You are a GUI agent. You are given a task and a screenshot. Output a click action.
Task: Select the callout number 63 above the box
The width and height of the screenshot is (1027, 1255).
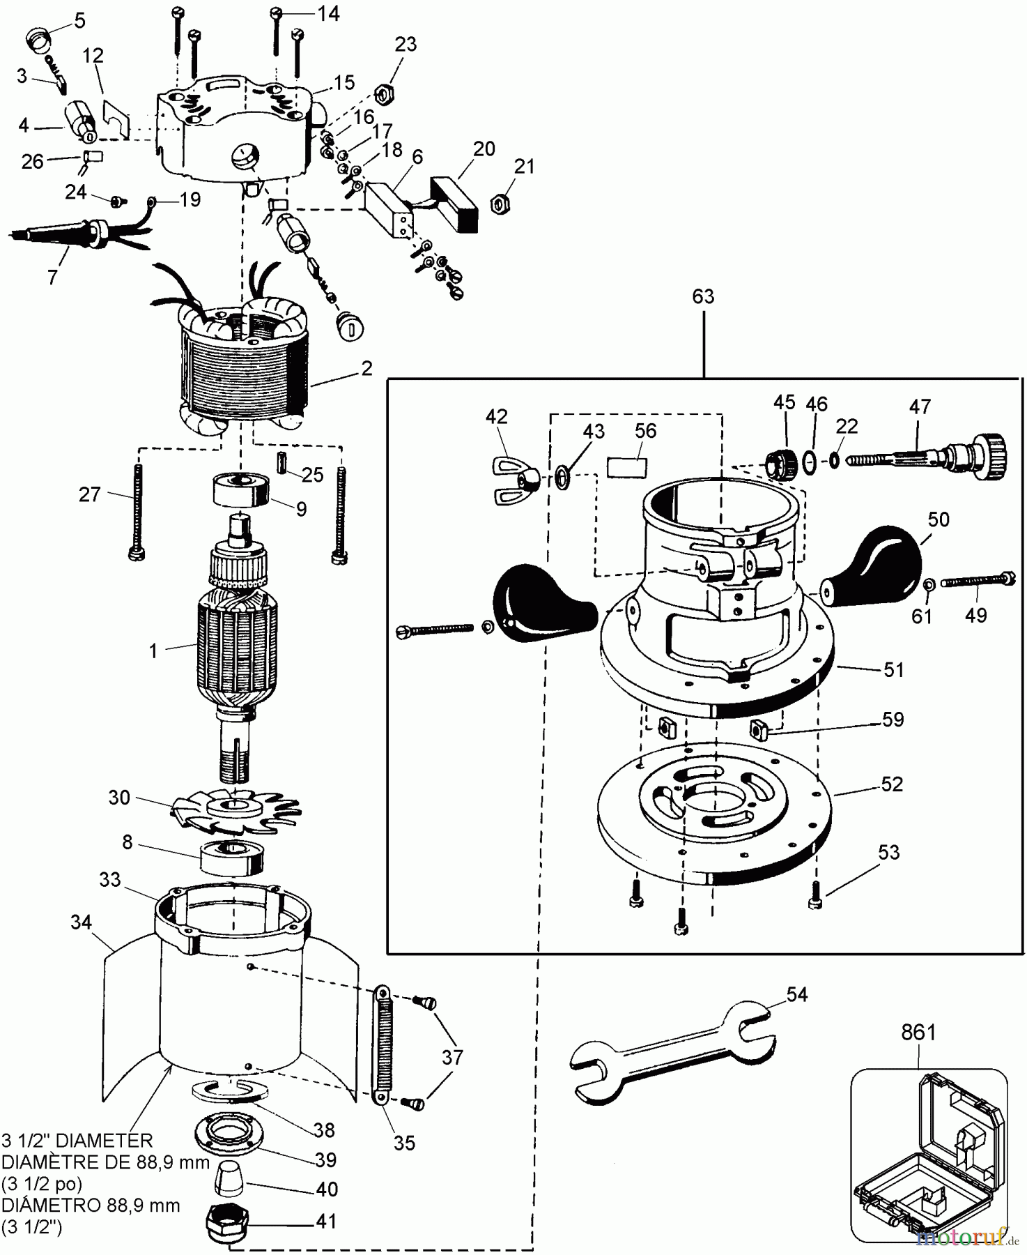click(703, 296)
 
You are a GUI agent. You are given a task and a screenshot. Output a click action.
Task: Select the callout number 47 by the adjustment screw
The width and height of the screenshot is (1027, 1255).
click(920, 406)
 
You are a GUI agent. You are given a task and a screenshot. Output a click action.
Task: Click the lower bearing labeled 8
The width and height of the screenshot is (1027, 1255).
click(231, 858)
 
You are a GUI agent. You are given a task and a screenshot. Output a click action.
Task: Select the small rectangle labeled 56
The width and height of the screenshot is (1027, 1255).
click(627, 467)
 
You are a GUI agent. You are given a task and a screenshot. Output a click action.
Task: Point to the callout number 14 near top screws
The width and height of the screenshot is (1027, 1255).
click(328, 13)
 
